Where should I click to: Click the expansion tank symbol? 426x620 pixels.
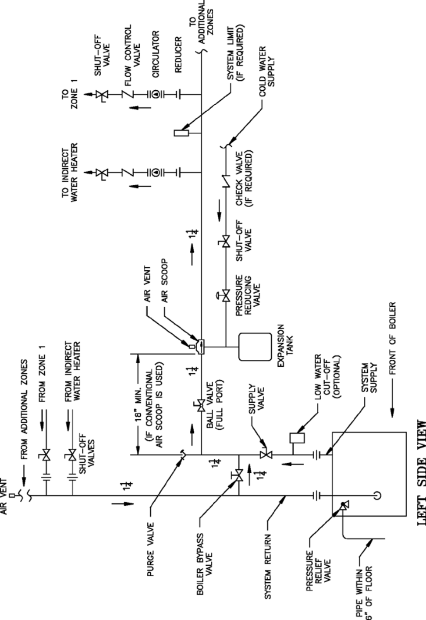tap(255, 347)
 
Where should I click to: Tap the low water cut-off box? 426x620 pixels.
tap(297, 438)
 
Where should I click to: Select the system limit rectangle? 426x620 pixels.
tap(181, 133)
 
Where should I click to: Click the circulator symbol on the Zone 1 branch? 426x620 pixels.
tap(156, 94)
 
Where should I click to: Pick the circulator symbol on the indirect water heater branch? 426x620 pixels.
tap(156, 173)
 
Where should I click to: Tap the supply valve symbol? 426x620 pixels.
tap(266, 454)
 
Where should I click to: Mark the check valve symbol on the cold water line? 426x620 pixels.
tap(226, 181)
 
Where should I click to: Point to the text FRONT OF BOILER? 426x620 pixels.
tap(393, 338)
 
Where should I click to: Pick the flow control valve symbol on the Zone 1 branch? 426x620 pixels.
tap(128, 94)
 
